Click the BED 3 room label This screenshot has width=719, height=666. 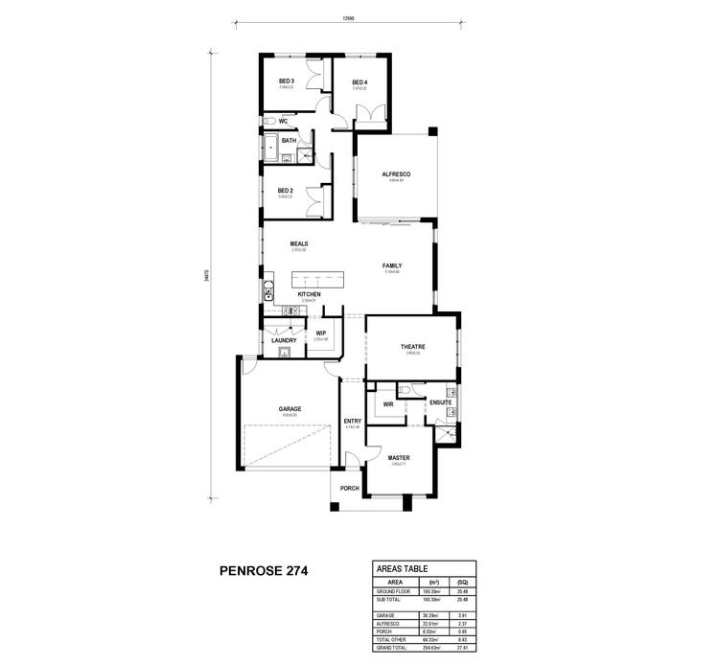coord(286,80)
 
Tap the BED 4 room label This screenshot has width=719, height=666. coord(359,82)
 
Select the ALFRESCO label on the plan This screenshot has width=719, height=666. coord(396,173)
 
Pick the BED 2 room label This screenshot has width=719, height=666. coord(285,191)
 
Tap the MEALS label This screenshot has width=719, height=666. coord(298,244)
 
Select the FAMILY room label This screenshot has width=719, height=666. coord(392,265)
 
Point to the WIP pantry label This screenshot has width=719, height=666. coord(321,333)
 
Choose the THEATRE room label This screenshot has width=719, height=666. coord(413,347)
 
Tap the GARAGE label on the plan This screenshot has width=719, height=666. coord(290,409)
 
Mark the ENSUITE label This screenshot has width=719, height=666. coord(440,402)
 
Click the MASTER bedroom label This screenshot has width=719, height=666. coord(399,458)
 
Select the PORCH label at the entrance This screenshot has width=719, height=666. coord(349,488)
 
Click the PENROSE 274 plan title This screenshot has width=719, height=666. coord(258,572)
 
